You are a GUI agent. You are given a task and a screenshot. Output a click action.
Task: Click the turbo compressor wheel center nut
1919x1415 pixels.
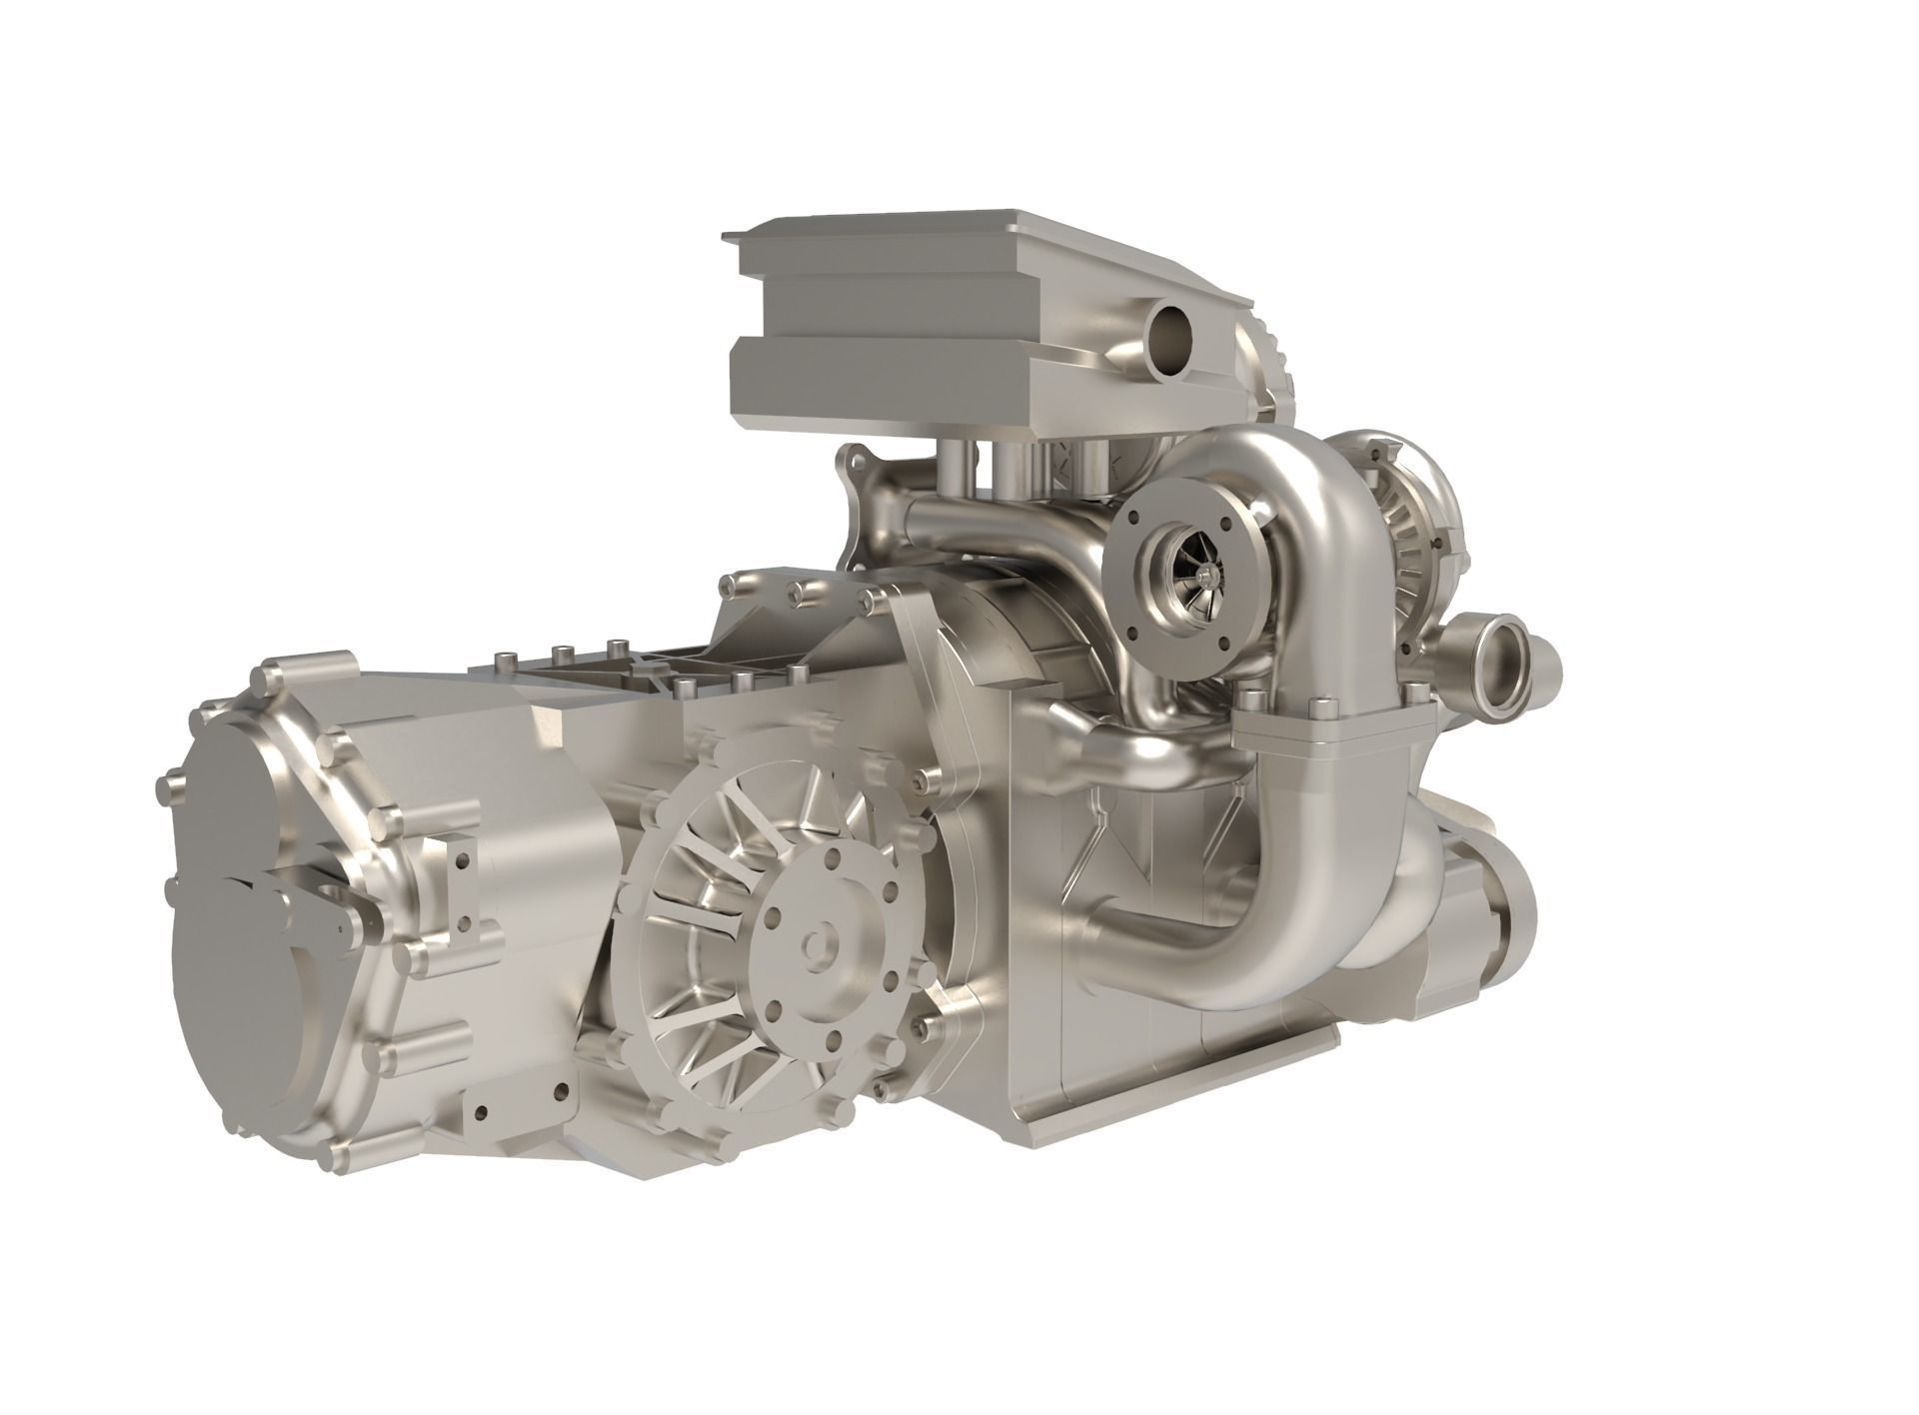1210,572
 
